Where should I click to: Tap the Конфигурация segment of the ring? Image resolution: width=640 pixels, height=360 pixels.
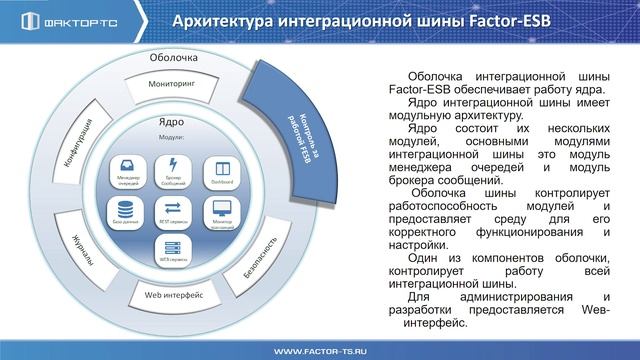point(79,142)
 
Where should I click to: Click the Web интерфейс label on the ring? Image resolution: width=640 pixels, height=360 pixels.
point(175,294)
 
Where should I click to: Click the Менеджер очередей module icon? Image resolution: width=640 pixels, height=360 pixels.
point(127,168)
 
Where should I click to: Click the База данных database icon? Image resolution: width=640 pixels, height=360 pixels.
point(127,212)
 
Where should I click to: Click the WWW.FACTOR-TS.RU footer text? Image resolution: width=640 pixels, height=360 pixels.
point(319,349)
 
